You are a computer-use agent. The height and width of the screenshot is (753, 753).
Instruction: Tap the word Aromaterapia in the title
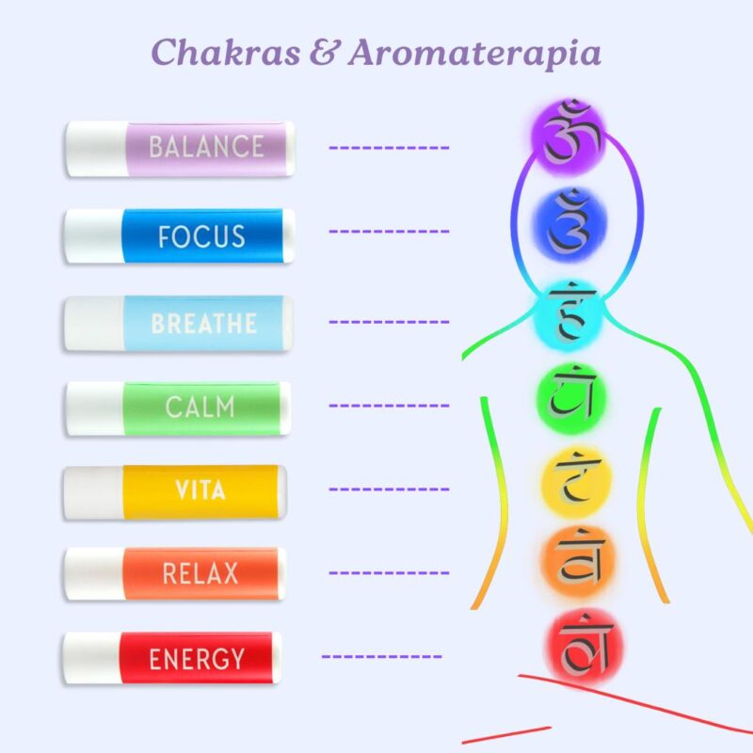pyautogui.click(x=474, y=53)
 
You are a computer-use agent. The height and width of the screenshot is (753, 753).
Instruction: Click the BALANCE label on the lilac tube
pyautogui.click(x=206, y=147)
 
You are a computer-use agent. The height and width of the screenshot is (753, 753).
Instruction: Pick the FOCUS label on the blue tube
pyautogui.click(x=201, y=236)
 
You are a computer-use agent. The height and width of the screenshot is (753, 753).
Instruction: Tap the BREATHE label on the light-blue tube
pyautogui.click(x=204, y=324)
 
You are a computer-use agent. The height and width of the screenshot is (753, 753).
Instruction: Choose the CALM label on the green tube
pyautogui.click(x=200, y=409)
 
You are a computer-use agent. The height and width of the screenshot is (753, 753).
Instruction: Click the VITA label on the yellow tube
pyautogui.click(x=199, y=490)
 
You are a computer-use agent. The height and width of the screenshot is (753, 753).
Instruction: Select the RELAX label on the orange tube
pyautogui.click(x=200, y=573)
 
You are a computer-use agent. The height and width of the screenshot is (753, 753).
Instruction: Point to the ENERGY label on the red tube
pyautogui.click(x=197, y=659)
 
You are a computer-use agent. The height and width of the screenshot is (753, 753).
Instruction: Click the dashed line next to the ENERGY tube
pyautogui.click(x=381, y=656)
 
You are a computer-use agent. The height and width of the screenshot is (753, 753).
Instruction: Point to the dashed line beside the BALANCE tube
pyautogui.click(x=388, y=148)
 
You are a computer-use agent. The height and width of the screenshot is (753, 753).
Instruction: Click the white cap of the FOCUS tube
pyautogui.click(x=92, y=236)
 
